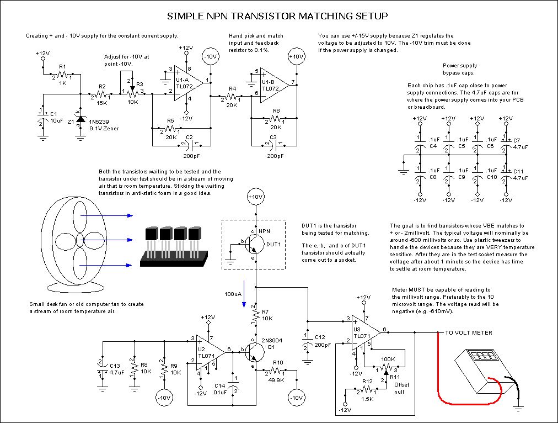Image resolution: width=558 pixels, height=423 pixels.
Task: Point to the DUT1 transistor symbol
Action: (253, 242)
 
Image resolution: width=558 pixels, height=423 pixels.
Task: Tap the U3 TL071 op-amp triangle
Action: (364, 331)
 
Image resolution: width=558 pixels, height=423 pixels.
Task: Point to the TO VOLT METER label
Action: (465, 332)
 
